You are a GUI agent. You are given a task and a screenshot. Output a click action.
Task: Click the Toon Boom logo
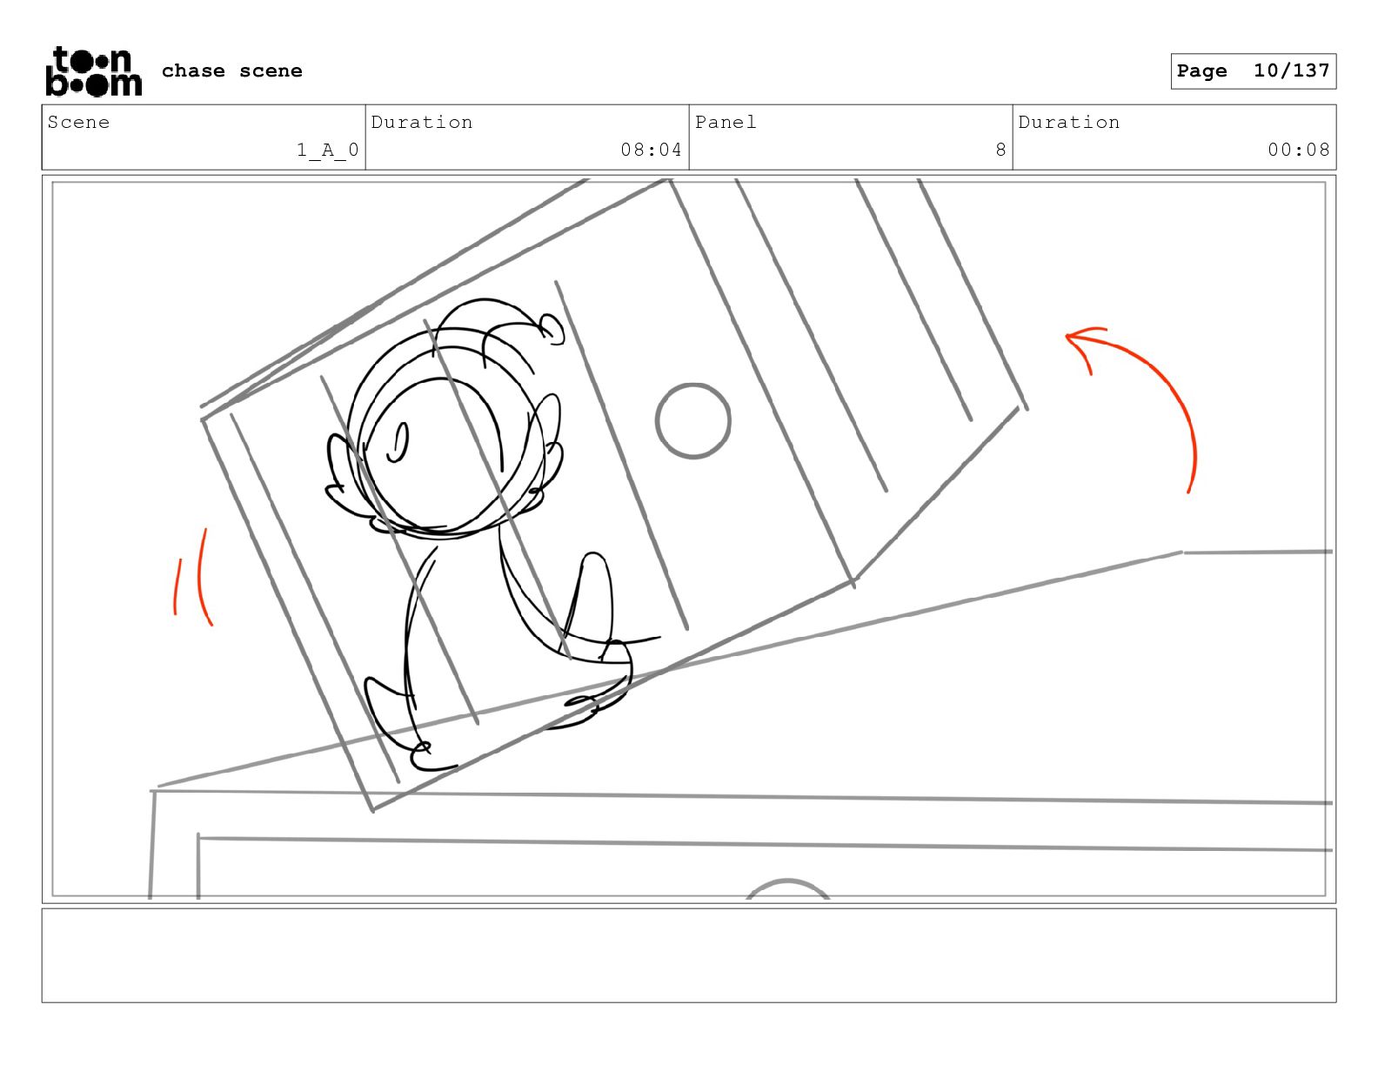point(94,71)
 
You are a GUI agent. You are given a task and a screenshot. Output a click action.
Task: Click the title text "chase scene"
point(231,70)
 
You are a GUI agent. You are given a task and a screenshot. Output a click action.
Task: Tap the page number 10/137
point(1291,70)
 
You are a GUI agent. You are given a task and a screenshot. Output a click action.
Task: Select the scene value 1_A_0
point(328,150)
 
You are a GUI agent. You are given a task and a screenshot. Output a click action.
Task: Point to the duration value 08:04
point(651,150)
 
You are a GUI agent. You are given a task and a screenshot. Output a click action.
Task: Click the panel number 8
point(1000,150)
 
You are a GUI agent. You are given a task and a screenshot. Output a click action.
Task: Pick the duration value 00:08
point(1298,150)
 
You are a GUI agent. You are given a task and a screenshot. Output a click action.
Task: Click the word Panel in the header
point(726,122)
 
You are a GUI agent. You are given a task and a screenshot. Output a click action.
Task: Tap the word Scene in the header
point(78,122)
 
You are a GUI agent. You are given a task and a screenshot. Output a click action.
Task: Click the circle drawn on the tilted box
point(692,420)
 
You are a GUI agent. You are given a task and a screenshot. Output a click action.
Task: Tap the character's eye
point(398,442)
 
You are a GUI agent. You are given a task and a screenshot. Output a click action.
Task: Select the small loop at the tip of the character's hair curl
point(552,329)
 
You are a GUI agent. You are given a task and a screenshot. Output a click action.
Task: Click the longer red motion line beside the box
point(200,577)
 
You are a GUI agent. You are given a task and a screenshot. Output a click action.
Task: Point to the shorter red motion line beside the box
point(177,586)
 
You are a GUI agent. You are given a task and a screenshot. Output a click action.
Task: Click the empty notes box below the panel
point(689,955)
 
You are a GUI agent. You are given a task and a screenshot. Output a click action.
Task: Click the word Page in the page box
point(1201,70)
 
